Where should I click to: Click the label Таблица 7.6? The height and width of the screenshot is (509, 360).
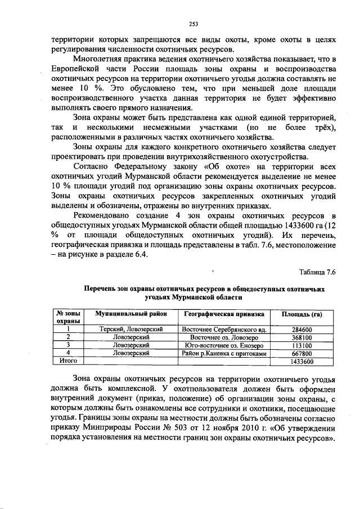point(317,273)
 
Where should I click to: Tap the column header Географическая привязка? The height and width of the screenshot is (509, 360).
point(223,313)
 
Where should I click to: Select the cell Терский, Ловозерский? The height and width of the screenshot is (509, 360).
point(130,329)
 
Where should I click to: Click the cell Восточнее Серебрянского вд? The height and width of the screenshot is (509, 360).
point(224,329)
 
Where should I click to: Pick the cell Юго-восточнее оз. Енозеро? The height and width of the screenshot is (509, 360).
point(224,345)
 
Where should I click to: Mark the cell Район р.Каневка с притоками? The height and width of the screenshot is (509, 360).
point(224,353)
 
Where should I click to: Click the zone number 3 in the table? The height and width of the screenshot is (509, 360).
point(68,345)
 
